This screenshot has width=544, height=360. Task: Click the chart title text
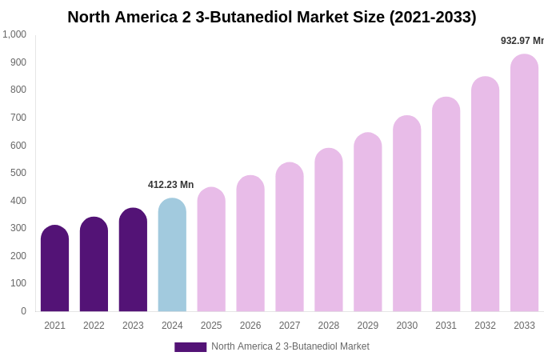click(271, 17)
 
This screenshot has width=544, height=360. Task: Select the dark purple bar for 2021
click(54, 269)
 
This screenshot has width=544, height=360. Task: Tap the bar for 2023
click(133, 260)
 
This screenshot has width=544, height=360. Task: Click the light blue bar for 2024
click(172, 255)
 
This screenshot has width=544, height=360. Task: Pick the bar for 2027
click(290, 238)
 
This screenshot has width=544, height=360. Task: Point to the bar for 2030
click(406, 214)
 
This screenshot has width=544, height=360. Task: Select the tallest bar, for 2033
click(524, 183)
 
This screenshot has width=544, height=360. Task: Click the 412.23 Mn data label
click(170, 185)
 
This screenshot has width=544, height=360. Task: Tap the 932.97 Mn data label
click(522, 41)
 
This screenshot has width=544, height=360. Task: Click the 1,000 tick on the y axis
click(14, 34)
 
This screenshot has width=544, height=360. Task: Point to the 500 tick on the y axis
click(18, 173)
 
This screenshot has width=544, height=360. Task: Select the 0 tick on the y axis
click(23, 311)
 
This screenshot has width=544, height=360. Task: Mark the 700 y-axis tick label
click(18, 118)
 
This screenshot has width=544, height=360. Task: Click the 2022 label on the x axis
click(94, 326)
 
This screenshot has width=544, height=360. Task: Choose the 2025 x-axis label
click(211, 326)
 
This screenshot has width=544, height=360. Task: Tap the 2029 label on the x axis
click(368, 326)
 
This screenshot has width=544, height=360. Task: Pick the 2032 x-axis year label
click(485, 326)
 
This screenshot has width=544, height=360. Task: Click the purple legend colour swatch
click(190, 347)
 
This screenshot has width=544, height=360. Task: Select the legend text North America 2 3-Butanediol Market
click(290, 346)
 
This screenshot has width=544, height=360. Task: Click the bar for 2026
click(250, 244)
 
